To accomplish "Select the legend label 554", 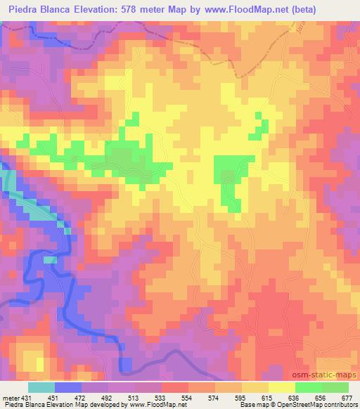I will click(x=186, y=398).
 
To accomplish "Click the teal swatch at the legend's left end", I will click(x=40, y=387).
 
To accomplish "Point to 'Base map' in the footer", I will click(x=249, y=405).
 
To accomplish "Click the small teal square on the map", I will click(x=50, y=259).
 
